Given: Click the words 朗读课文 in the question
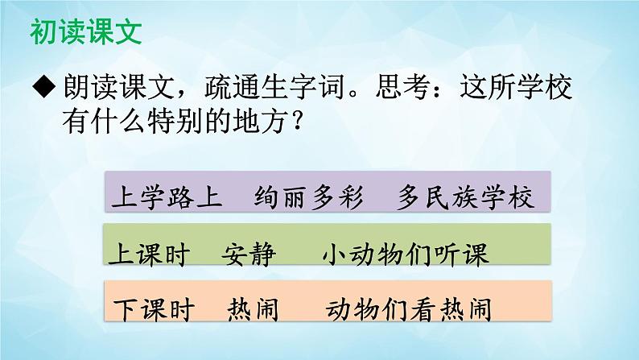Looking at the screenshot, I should [x=109, y=88].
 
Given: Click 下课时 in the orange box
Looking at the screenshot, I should [x=147, y=308].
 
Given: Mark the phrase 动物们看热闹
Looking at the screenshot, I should [x=410, y=308].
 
